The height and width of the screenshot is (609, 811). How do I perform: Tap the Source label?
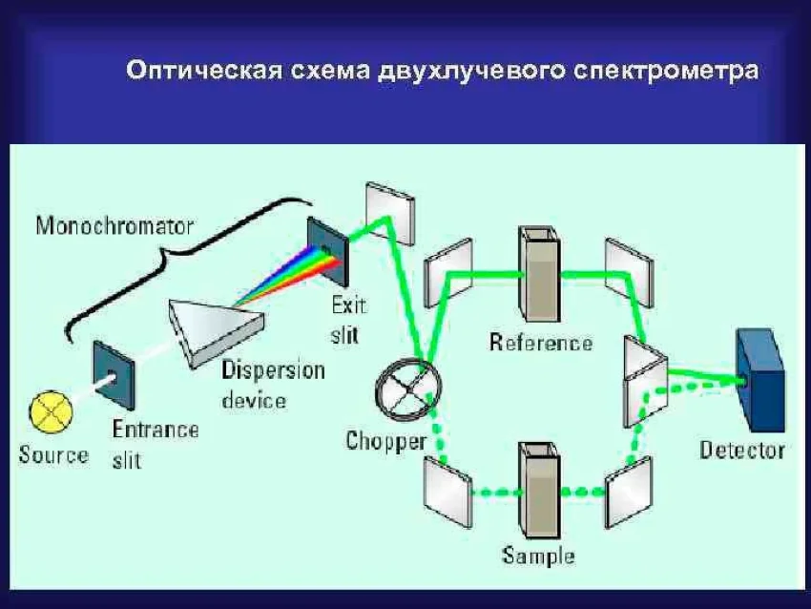point(53,454)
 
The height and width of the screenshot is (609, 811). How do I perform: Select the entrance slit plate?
point(114,375)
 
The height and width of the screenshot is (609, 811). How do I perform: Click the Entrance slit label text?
point(155,444)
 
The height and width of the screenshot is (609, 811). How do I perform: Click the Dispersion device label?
point(273,384)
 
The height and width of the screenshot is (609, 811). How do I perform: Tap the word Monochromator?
point(114,226)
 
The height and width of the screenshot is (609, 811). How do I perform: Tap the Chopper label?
point(385,441)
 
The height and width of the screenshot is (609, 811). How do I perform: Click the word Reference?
point(541,343)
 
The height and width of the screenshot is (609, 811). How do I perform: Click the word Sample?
point(539,556)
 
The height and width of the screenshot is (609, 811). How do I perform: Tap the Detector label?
point(742,450)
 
